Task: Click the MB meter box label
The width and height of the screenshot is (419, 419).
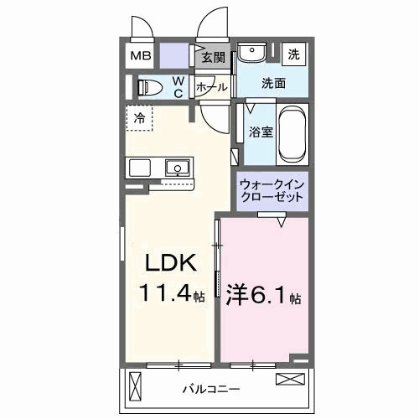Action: pos(141,55)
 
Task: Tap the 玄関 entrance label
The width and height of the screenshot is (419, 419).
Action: pos(214,58)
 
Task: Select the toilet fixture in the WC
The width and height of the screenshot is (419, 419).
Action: pos(150,87)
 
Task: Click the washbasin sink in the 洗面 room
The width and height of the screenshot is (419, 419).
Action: pos(251,51)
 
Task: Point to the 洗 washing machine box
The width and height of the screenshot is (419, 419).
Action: pos(293,54)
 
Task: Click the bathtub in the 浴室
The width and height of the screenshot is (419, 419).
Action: pos(292,134)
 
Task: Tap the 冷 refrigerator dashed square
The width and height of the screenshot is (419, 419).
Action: pos(139,118)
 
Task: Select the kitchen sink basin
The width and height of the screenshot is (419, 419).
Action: pos(178,168)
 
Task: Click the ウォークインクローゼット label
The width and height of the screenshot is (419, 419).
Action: pos(272,191)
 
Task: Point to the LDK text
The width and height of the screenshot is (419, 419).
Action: pos(171,263)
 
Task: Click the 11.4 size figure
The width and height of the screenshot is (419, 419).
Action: pos(167,292)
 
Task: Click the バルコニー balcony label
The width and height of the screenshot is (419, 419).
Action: pos(211,389)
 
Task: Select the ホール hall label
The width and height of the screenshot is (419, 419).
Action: pos(212,87)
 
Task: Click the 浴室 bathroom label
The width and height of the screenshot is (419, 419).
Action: pos(261,132)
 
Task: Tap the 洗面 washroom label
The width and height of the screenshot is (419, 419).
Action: pos(273,83)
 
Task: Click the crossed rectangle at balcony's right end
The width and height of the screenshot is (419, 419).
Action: pos(290,379)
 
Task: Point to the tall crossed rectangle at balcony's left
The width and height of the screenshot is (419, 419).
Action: pos(136,386)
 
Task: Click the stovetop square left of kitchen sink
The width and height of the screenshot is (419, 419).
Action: pos(140,168)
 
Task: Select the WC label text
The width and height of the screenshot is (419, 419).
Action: pos(178,87)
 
